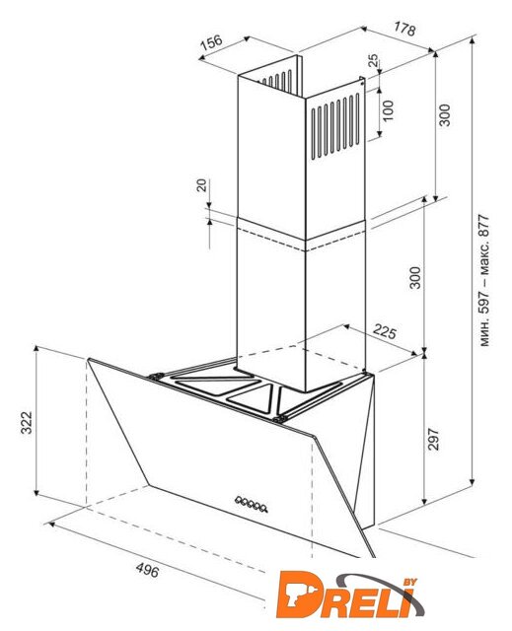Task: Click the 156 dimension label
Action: point(211,42)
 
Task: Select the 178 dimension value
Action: point(404,29)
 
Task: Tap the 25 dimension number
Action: point(373,60)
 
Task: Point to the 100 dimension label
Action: point(388,110)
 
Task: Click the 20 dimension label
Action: point(201,185)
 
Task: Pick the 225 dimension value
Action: point(385,331)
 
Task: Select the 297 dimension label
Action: point(433,440)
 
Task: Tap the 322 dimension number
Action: point(27,423)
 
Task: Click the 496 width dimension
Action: point(147,570)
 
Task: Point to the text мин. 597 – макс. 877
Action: point(484,281)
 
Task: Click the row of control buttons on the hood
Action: point(252,504)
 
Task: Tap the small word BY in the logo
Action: point(409,582)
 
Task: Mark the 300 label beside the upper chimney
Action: point(445,115)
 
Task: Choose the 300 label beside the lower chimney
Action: point(415,278)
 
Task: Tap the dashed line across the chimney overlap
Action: point(301,241)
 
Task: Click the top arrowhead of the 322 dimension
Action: point(37,348)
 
